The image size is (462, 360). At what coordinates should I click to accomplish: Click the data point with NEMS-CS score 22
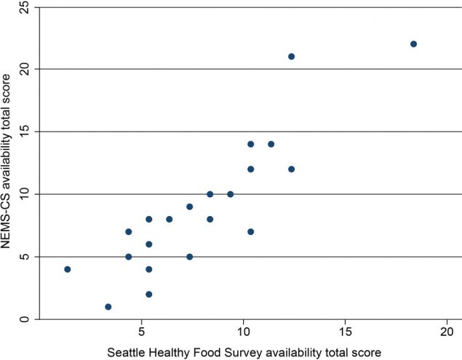tap(413, 44)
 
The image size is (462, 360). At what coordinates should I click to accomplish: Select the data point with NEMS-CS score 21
tap(291, 56)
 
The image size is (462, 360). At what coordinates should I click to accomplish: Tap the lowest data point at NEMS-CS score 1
tap(108, 307)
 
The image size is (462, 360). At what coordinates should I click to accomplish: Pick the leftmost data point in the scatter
tap(67, 269)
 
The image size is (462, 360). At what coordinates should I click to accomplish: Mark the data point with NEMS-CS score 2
tap(148, 295)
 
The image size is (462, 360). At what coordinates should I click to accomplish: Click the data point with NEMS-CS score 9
tap(189, 207)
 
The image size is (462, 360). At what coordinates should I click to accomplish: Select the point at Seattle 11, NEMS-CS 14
tap(271, 144)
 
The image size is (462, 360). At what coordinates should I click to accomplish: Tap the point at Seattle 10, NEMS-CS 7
tap(250, 232)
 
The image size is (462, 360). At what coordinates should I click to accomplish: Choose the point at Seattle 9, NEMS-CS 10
tap(230, 194)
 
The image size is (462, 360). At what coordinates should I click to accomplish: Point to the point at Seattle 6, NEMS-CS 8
tap(169, 219)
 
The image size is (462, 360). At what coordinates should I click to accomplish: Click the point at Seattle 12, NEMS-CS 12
tap(291, 169)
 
